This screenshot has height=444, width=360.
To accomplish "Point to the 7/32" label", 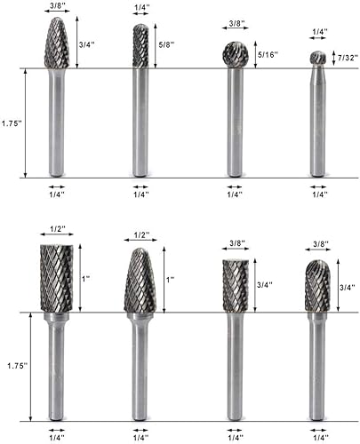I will [x=346, y=58].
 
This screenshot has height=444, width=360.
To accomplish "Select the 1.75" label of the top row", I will [x=12, y=123].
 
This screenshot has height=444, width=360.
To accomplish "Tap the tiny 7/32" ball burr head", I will [x=317, y=59].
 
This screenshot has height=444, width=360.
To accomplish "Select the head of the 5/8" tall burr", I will [x=140, y=46].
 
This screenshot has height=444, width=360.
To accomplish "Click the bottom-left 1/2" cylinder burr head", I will [x=57, y=277].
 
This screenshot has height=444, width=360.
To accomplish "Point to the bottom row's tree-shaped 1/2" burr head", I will [x=140, y=281].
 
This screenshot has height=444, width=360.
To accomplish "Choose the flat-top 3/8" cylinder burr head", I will [x=234, y=285].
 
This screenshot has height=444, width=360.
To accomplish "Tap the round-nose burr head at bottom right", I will [x=317, y=285].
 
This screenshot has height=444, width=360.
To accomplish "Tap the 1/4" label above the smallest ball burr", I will [x=317, y=31].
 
